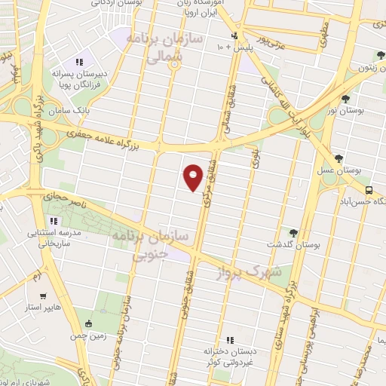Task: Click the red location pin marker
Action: point(193,177)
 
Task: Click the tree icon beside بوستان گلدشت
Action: point(293,232)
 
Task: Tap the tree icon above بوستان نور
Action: point(345,97)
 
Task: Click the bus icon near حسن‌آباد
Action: point(369,190)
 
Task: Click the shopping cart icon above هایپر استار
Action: point(44,296)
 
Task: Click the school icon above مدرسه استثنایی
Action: point(53,221)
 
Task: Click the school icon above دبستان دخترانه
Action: point(229,341)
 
